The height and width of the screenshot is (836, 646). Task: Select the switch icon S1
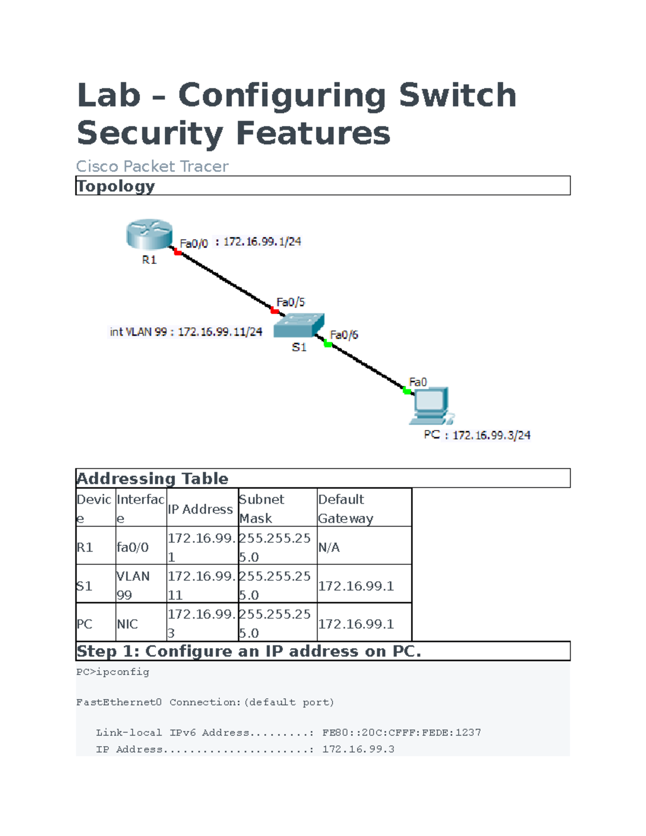[x=299, y=326]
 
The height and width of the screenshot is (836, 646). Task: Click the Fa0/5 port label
[x=291, y=302]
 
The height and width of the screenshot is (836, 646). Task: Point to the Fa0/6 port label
[x=344, y=335]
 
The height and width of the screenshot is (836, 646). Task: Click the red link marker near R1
[x=177, y=252]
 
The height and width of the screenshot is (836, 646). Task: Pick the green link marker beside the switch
[x=328, y=344]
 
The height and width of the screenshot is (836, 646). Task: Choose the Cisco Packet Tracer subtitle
[x=152, y=166]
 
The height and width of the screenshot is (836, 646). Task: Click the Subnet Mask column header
[x=261, y=509]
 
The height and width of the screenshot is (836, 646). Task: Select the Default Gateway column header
[x=346, y=509]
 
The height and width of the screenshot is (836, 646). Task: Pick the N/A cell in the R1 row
[x=329, y=547]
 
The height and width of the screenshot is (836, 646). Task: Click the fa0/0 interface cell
[x=132, y=547]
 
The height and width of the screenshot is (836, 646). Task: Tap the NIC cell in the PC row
[x=127, y=623]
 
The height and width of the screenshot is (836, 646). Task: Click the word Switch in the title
[x=458, y=95]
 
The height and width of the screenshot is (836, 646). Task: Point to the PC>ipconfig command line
[x=113, y=672]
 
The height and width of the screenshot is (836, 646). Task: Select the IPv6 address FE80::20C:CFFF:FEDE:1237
[x=401, y=732]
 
